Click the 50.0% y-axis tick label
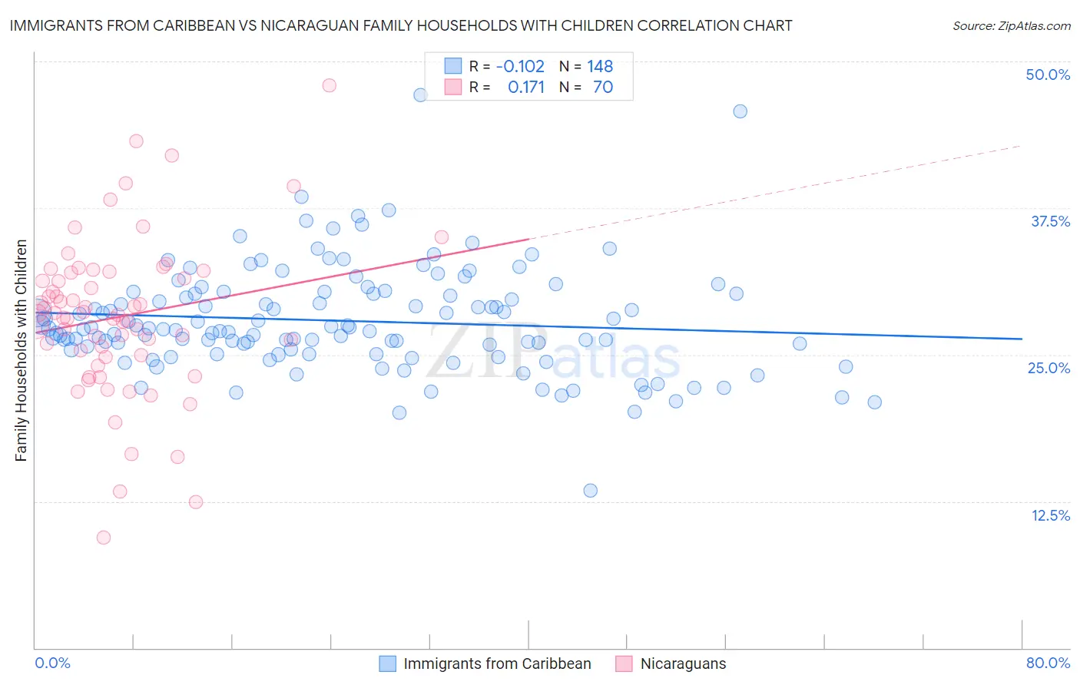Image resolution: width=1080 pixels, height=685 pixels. point(1047,74)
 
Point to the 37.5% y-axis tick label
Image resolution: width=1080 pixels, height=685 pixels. point(1049,221)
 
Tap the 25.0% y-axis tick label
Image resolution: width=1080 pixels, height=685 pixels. point(1049,368)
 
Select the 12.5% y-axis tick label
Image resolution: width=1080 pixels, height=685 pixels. point(1050,515)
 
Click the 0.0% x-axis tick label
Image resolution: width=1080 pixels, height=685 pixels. point(52,663)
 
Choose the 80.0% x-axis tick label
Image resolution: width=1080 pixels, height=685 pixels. point(1048,663)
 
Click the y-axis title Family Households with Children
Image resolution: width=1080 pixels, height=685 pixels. point(21,350)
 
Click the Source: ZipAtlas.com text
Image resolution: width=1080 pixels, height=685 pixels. point(1011,25)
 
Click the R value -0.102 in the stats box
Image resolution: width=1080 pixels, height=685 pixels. point(520,66)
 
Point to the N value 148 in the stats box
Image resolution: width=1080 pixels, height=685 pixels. point(600,66)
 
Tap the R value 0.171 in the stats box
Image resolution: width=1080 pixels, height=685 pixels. point(526,87)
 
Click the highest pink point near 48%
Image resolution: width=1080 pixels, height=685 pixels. point(329,85)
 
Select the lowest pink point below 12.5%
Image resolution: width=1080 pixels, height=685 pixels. point(104,538)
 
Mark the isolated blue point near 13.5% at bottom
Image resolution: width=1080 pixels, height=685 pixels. point(590,491)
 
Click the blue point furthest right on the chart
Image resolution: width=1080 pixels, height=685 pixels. point(874,402)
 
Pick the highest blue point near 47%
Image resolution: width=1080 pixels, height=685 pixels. point(420,95)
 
